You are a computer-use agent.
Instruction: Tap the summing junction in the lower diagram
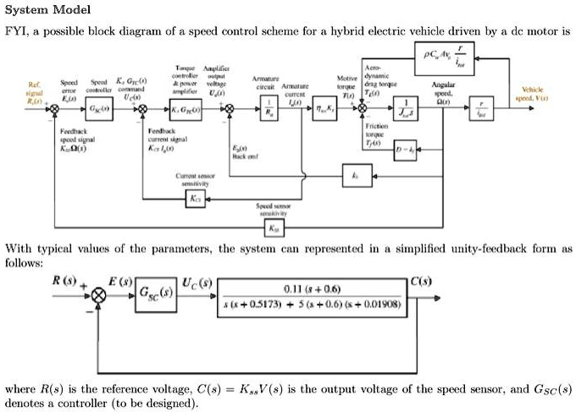coord(100,294)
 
